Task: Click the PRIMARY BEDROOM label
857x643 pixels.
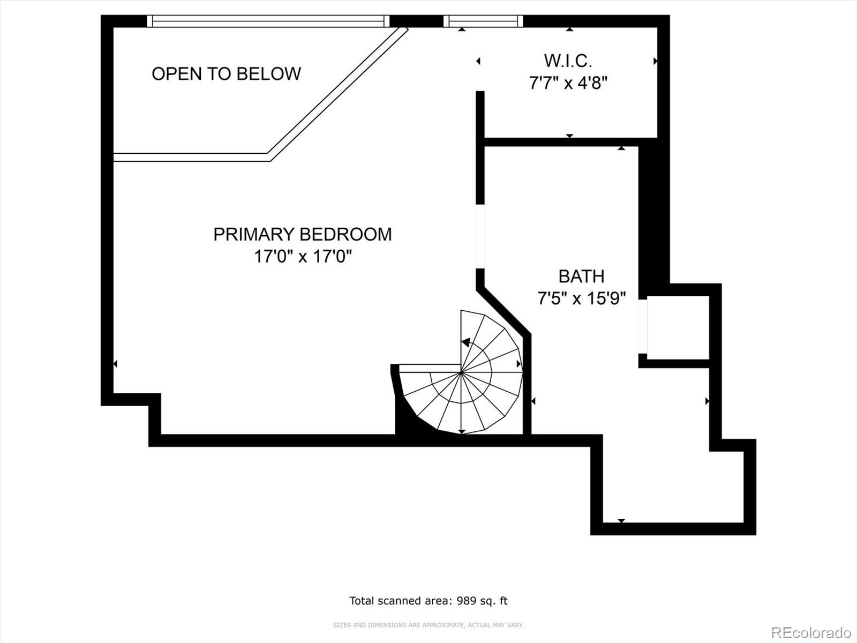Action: [302, 234]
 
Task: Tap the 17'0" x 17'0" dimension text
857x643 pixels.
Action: [302, 257]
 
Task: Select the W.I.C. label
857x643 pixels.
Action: [568, 61]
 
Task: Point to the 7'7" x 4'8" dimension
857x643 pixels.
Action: [568, 83]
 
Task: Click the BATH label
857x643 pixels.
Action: [581, 276]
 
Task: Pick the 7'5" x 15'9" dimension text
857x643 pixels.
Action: [581, 298]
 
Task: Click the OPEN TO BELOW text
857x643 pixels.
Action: [226, 74]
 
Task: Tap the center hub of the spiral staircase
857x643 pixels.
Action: [461, 372]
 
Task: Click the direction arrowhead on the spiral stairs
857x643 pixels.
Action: [466, 342]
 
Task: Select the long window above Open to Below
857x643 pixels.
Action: [268, 21]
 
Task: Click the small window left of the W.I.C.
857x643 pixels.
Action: [483, 21]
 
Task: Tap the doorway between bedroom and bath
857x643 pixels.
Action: [480, 236]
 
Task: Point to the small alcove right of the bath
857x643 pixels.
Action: [678, 327]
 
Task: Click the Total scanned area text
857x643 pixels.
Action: [428, 601]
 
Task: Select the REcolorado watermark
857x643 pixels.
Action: [811, 632]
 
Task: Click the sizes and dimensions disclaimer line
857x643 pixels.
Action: [428, 625]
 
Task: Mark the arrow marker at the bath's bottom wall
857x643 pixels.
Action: [621, 520]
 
